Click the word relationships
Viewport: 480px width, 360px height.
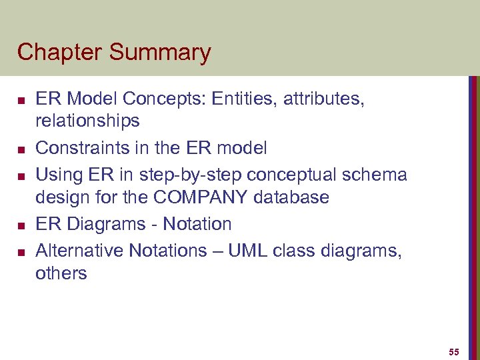point(87,121)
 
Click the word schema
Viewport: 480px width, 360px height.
point(375,175)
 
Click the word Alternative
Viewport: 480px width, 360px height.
point(79,251)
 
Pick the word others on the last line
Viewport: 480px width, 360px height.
point(61,273)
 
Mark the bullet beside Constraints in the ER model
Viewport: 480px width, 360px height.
point(21,149)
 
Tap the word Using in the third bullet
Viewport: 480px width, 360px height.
point(59,175)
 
